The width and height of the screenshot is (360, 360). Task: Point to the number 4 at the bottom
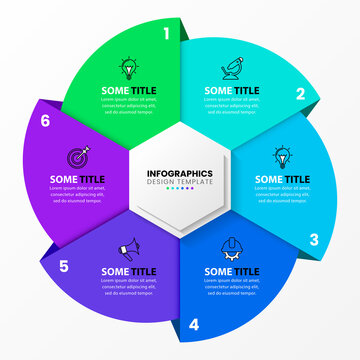194,324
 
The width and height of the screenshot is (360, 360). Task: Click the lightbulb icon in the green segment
128,68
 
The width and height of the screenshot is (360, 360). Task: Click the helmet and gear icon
231,249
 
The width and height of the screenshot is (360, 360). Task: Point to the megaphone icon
128,249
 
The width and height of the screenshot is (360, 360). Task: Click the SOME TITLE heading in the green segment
128,90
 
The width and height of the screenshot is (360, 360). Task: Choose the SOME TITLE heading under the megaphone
128,270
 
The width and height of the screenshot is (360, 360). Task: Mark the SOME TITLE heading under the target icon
77,180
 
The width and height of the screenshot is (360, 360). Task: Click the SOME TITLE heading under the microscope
231,90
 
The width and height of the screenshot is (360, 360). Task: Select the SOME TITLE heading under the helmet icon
231,270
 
